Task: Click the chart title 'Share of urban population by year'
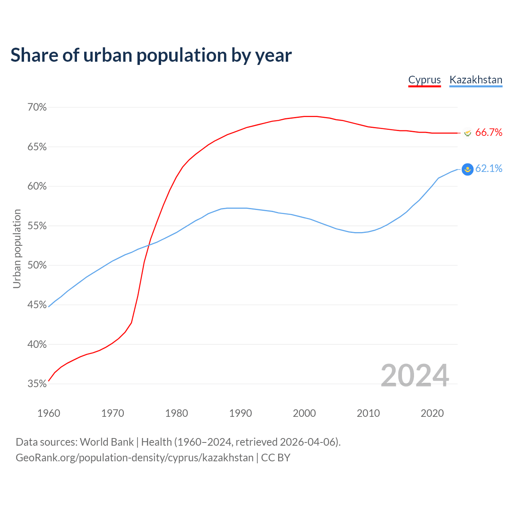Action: [151, 55]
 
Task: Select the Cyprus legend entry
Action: [424, 80]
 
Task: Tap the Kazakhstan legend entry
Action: [476, 80]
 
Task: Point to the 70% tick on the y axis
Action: [37, 107]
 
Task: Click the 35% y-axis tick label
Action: [37, 384]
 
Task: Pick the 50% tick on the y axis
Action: [37, 265]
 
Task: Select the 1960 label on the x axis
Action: [48, 413]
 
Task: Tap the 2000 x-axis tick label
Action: [304, 413]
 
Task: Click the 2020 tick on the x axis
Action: [432, 413]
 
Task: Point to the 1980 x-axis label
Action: [176, 413]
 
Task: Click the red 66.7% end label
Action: [489, 133]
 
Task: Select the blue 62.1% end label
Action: [489, 169]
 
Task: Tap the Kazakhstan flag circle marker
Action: [467, 170]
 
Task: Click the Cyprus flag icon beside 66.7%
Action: [467, 133]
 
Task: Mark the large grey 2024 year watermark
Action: [414, 376]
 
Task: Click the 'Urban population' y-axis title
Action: [17, 248]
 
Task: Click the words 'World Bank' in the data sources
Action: [107, 442]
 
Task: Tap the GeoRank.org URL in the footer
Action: [135, 458]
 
